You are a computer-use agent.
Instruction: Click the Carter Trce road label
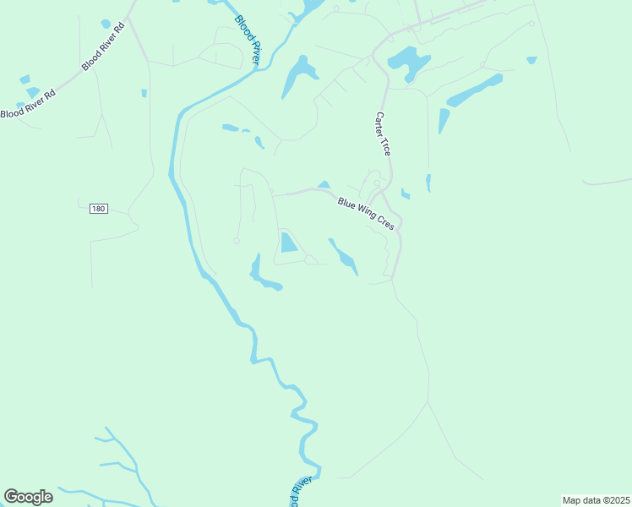tap(384, 134)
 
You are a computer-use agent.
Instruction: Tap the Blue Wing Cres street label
tap(367, 214)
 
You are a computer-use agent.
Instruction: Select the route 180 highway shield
tap(99, 209)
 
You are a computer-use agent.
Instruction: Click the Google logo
tap(28, 497)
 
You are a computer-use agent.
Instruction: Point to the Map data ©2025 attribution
tap(595, 500)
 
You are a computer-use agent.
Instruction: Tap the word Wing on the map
tap(367, 214)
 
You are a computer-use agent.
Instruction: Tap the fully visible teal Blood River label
tap(247, 40)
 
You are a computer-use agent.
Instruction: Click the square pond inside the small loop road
tap(289, 243)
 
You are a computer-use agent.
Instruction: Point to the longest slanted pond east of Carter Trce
tap(474, 90)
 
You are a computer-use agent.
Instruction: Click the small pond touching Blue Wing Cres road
tap(324, 185)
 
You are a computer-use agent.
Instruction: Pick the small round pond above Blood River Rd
tap(106, 24)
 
